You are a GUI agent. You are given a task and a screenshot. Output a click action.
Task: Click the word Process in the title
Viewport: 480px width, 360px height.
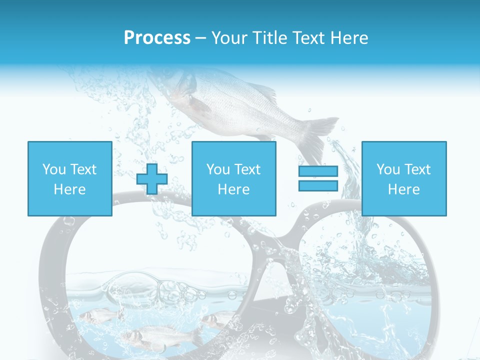[157, 38]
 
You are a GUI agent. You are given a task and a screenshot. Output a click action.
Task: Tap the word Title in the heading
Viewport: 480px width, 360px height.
[271, 38]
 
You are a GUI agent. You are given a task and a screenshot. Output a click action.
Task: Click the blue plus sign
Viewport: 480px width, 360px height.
[152, 179]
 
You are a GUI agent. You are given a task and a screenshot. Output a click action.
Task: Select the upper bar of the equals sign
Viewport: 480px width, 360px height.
[318, 171]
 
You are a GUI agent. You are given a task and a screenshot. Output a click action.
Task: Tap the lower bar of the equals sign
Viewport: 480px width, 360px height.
[318, 185]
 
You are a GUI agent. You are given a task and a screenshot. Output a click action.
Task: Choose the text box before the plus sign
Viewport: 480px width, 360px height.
[69, 178]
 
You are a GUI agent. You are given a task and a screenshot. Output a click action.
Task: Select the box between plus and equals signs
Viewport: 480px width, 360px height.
[233, 178]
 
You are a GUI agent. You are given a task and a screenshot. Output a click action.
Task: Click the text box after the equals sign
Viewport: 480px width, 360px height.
[403, 178]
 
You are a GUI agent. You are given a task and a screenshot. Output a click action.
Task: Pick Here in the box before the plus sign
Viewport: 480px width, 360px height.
[69, 189]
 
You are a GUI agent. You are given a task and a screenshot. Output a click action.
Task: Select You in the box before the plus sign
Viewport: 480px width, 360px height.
[54, 169]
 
